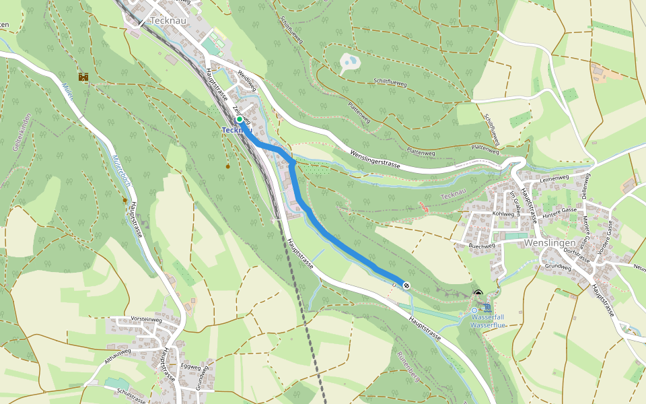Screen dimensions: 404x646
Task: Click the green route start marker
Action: (x=239, y=119)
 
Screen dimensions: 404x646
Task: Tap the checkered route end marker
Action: (x=406, y=285)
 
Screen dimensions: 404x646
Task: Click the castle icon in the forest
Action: (x=84, y=77)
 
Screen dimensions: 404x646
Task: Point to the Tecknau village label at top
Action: (x=168, y=21)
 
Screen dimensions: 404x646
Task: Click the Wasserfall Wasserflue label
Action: (x=487, y=321)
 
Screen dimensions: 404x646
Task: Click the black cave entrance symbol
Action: (x=478, y=294)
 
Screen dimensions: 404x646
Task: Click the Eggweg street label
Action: (x=190, y=367)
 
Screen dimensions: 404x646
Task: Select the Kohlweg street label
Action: (x=503, y=213)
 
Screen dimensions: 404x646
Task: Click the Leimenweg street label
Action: (x=553, y=177)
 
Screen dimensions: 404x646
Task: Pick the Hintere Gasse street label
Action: (x=562, y=212)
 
